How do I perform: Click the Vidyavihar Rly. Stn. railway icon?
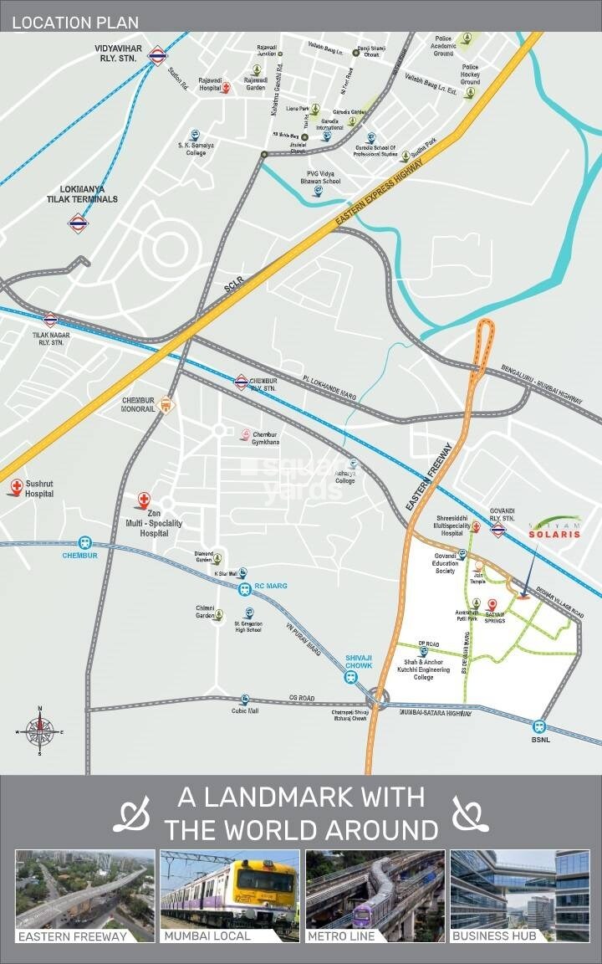point(156,56)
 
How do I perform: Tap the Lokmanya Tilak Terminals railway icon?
point(78,223)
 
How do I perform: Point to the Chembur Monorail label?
point(140,405)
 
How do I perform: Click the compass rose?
point(39,731)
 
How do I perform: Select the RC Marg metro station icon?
point(245,589)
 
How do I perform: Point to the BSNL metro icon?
point(540,726)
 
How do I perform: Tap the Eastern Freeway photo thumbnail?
point(85,895)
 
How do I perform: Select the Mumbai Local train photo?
point(230,895)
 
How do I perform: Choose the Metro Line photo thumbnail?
point(375,895)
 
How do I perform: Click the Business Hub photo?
point(519,895)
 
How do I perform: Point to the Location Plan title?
point(75,23)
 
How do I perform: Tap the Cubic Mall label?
point(245,711)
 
